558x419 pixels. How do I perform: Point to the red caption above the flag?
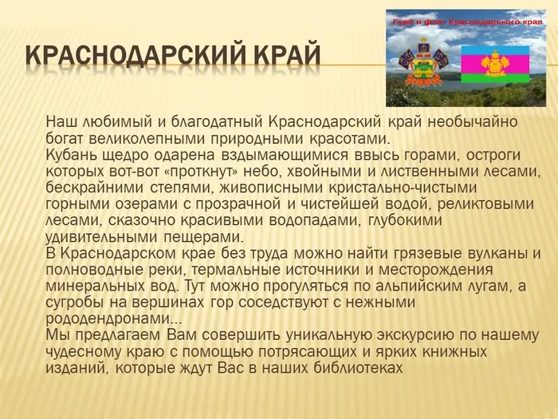pos(462,22)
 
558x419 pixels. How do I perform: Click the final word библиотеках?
pos(357,368)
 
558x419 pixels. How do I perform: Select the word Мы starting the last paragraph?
pos(57,334)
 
